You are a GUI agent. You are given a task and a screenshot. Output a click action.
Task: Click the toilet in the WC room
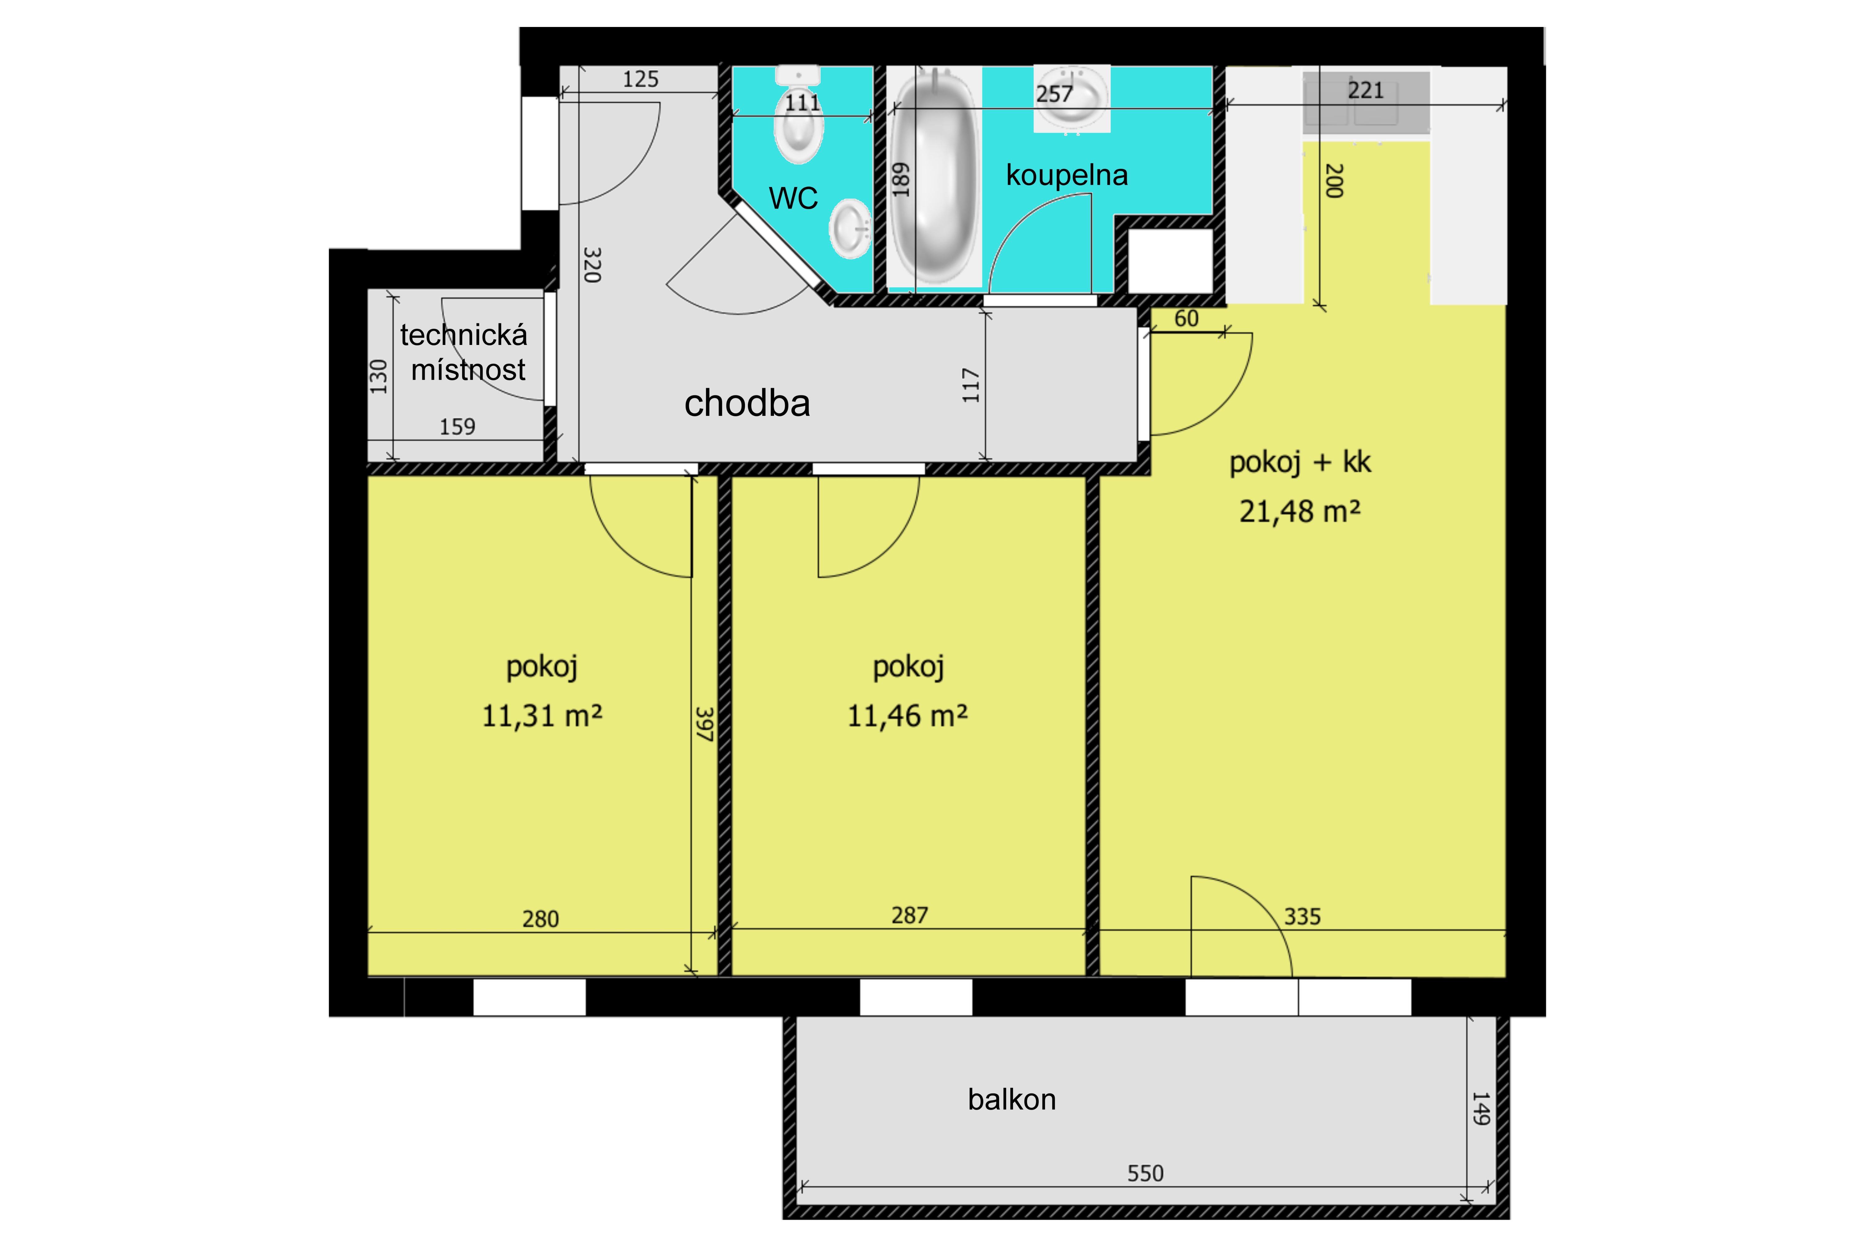pos(798,116)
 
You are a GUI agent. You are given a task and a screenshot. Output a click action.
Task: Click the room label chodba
pos(747,403)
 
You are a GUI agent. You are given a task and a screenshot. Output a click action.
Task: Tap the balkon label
pos(1011,1099)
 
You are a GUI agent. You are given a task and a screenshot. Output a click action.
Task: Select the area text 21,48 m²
pos(1300,510)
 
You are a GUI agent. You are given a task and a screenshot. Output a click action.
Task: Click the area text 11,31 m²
pos(541,715)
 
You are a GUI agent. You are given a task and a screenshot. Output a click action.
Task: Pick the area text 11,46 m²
pos(907,715)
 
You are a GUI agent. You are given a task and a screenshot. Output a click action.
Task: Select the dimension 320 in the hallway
pos(592,264)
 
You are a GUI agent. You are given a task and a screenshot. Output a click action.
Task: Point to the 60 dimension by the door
pos(1186,319)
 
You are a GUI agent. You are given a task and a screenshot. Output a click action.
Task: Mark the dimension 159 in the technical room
pos(457,427)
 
